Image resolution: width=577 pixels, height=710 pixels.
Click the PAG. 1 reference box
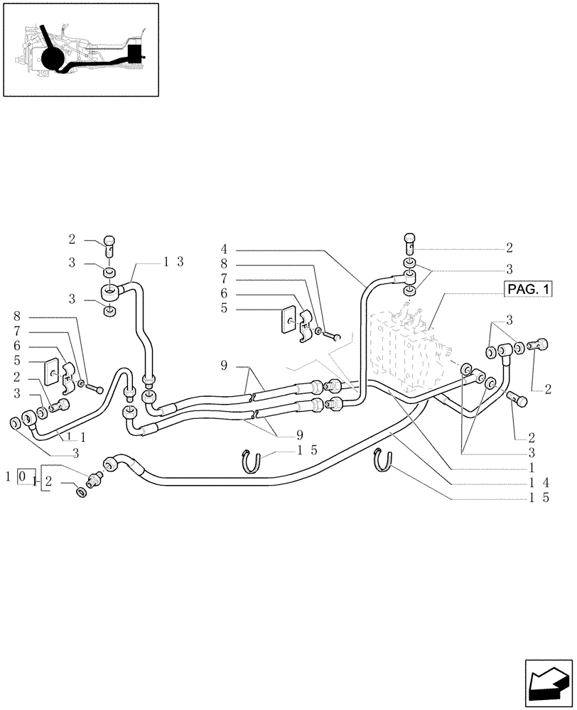(x=528, y=289)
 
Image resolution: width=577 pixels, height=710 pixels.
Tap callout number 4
(x=224, y=250)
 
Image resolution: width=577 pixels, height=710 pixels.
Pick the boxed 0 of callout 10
(x=24, y=475)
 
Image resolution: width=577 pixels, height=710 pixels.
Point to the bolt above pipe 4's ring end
(x=411, y=243)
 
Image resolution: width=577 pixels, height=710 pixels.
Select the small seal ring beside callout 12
(x=82, y=491)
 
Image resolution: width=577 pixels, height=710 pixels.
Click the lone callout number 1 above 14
(x=532, y=468)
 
